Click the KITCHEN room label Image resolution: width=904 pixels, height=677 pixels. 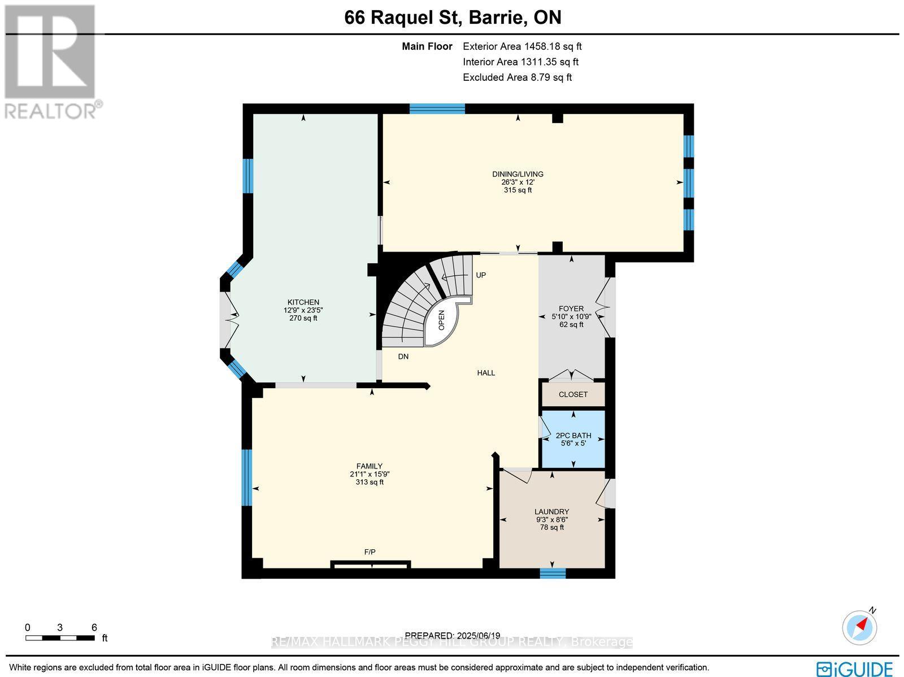pos(303,302)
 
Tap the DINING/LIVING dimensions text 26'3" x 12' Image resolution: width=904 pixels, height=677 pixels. pos(518,183)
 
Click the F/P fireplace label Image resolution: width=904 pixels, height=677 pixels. pos(370,552)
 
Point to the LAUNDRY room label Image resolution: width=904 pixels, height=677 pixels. pos(552,511)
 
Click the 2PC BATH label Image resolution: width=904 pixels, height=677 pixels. pos(573,435)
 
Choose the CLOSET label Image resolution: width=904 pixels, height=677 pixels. pos(573,394)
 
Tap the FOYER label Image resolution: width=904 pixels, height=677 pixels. pos(571,309)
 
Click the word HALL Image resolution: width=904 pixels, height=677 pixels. pos(486,373)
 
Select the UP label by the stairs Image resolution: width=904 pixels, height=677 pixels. pos(481,275)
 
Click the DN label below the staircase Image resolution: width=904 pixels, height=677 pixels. pos(403,357)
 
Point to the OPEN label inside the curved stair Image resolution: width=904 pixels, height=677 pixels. pos(442,320)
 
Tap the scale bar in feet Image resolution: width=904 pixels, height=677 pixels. pos(60,637)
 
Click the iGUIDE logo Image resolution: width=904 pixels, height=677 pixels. pos(855,669)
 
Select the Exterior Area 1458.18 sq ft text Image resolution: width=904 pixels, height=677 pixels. pos(522,46)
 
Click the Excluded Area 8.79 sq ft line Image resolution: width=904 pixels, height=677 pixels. pos(517,77)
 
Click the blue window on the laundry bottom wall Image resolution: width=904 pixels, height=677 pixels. pos(553,574)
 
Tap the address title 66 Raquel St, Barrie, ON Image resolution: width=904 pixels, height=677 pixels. pos(453,18)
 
